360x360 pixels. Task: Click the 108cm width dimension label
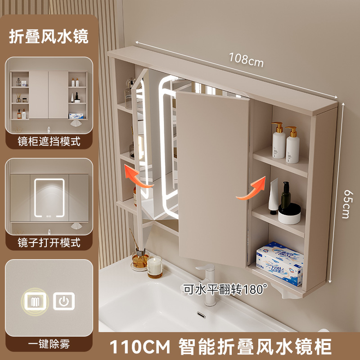pos(246,60)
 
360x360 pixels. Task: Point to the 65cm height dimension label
pos(346,204)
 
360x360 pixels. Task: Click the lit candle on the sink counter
pos(155,267)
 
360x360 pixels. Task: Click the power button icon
pos(64,301)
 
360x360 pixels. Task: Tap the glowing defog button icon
pos(35,301)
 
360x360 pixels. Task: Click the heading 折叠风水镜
pos(49,36)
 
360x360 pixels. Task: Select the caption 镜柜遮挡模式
pos(49,141)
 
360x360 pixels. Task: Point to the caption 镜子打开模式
pos(49,243)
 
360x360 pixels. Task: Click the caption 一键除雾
pos(49,344)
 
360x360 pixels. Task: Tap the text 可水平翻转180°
pos(225,289)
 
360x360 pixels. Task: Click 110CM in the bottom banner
pos(139,346)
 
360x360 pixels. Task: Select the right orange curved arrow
pos(251,188)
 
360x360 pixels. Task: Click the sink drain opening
pos(201,315)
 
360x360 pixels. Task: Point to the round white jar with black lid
pos(289,214)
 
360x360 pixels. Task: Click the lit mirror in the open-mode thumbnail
pos(49,198)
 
